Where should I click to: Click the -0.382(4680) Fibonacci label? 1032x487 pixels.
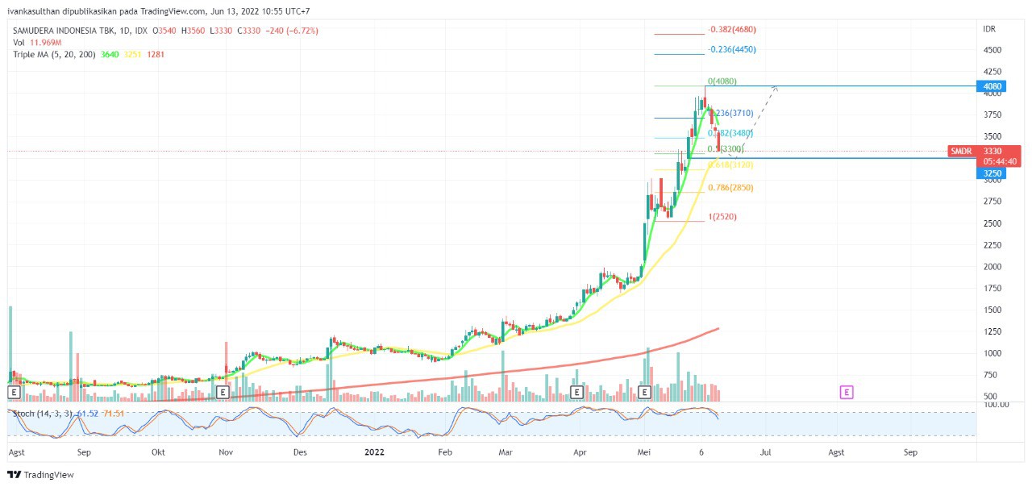[x=732, y=30]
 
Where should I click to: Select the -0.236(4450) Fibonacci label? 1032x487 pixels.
[x=732, y=49]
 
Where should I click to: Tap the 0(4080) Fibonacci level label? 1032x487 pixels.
[x=722, y=81]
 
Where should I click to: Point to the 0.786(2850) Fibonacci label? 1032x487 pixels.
[x=730, y=188]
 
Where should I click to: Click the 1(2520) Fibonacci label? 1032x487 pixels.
[x=722, y=217]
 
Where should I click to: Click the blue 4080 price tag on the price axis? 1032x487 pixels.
[x=992, y=86]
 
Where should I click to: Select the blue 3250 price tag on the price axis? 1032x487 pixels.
[x=992, y=173]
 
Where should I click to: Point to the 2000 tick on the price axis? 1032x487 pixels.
[x=992, y=266]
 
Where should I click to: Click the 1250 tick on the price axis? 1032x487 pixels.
[x=992, y=331]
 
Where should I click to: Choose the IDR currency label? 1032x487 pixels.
[x=989, y=29]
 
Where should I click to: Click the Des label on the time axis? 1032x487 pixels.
[x=300, y=452]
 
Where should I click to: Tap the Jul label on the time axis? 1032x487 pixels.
[x=765, y=452]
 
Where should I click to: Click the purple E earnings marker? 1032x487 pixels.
[x=847, y=392]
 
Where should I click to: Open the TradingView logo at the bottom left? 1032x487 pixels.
[x=41, y=475]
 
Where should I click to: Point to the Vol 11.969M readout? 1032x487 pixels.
[x=38, y=42]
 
